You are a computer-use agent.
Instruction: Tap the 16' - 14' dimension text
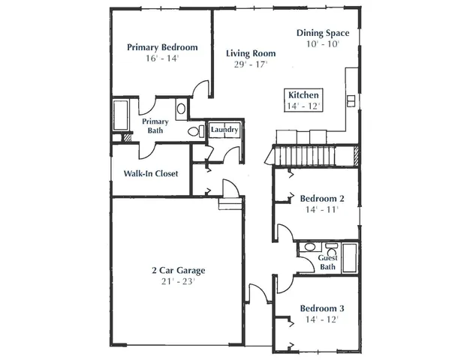point(163,58)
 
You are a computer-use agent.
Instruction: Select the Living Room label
point(251,54)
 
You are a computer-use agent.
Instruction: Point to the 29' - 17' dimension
point(252,65)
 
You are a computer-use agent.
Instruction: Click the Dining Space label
point(322,33)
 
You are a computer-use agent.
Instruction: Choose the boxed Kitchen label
point(304,95)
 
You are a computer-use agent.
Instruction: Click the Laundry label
point(224,130)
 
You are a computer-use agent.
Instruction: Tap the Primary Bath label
point(155,126)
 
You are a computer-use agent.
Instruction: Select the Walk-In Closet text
point(150,173)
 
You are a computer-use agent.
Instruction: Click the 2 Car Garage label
point(177,271)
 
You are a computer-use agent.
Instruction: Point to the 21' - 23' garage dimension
point(177,282)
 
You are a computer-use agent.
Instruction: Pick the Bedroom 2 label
point(322,199)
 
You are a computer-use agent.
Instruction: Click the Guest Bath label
point(328,262)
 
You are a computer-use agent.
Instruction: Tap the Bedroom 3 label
point(322,308)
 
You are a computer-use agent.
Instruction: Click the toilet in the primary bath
point(194,131)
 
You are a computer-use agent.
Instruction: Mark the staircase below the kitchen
point(311,156)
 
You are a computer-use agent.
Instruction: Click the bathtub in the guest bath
point(348,257)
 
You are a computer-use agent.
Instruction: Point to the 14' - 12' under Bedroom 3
point(323,319)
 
